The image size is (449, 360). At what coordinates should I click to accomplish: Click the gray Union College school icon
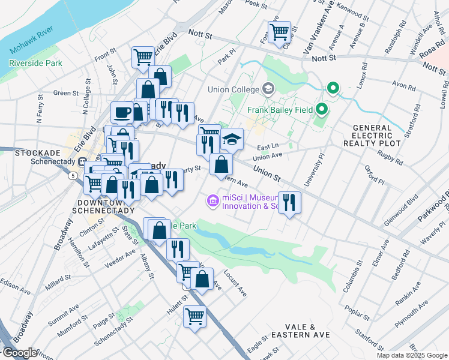(267, 89)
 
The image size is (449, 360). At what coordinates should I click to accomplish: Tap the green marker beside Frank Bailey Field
(322, 110)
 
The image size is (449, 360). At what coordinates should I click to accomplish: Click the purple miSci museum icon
(212, 201)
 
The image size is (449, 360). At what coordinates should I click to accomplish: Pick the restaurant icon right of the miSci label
(289, 202)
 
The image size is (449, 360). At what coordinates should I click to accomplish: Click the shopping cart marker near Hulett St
(194, 316)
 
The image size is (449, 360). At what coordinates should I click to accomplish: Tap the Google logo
(20, 353)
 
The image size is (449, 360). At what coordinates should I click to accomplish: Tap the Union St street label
(267, 175)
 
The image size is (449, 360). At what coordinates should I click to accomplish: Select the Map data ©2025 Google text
(412, 355)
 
